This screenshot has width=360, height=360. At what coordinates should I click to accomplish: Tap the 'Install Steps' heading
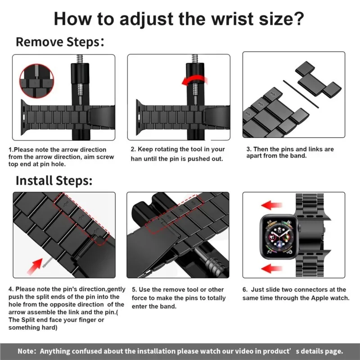point(54,181)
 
